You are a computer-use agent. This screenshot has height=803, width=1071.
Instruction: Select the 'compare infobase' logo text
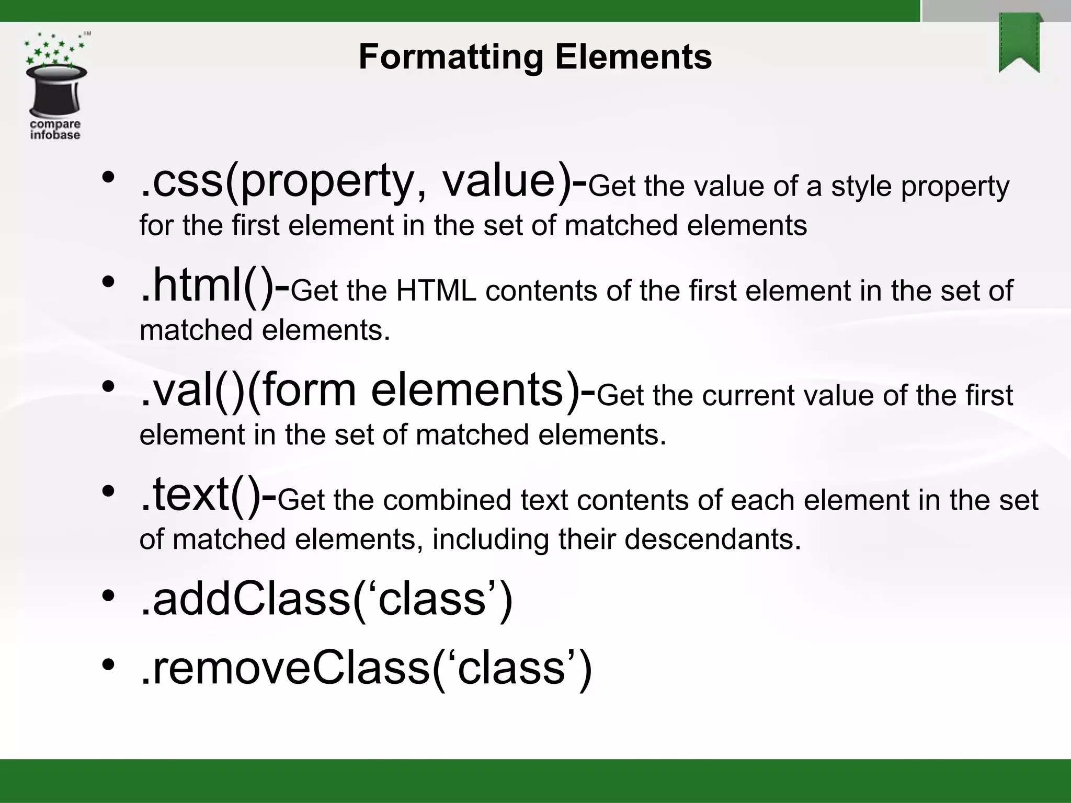(x=55, y=130)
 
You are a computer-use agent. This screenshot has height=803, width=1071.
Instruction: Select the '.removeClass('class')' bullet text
(x=366, y=669)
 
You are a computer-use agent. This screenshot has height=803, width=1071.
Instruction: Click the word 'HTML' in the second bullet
(x=436, y=291)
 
